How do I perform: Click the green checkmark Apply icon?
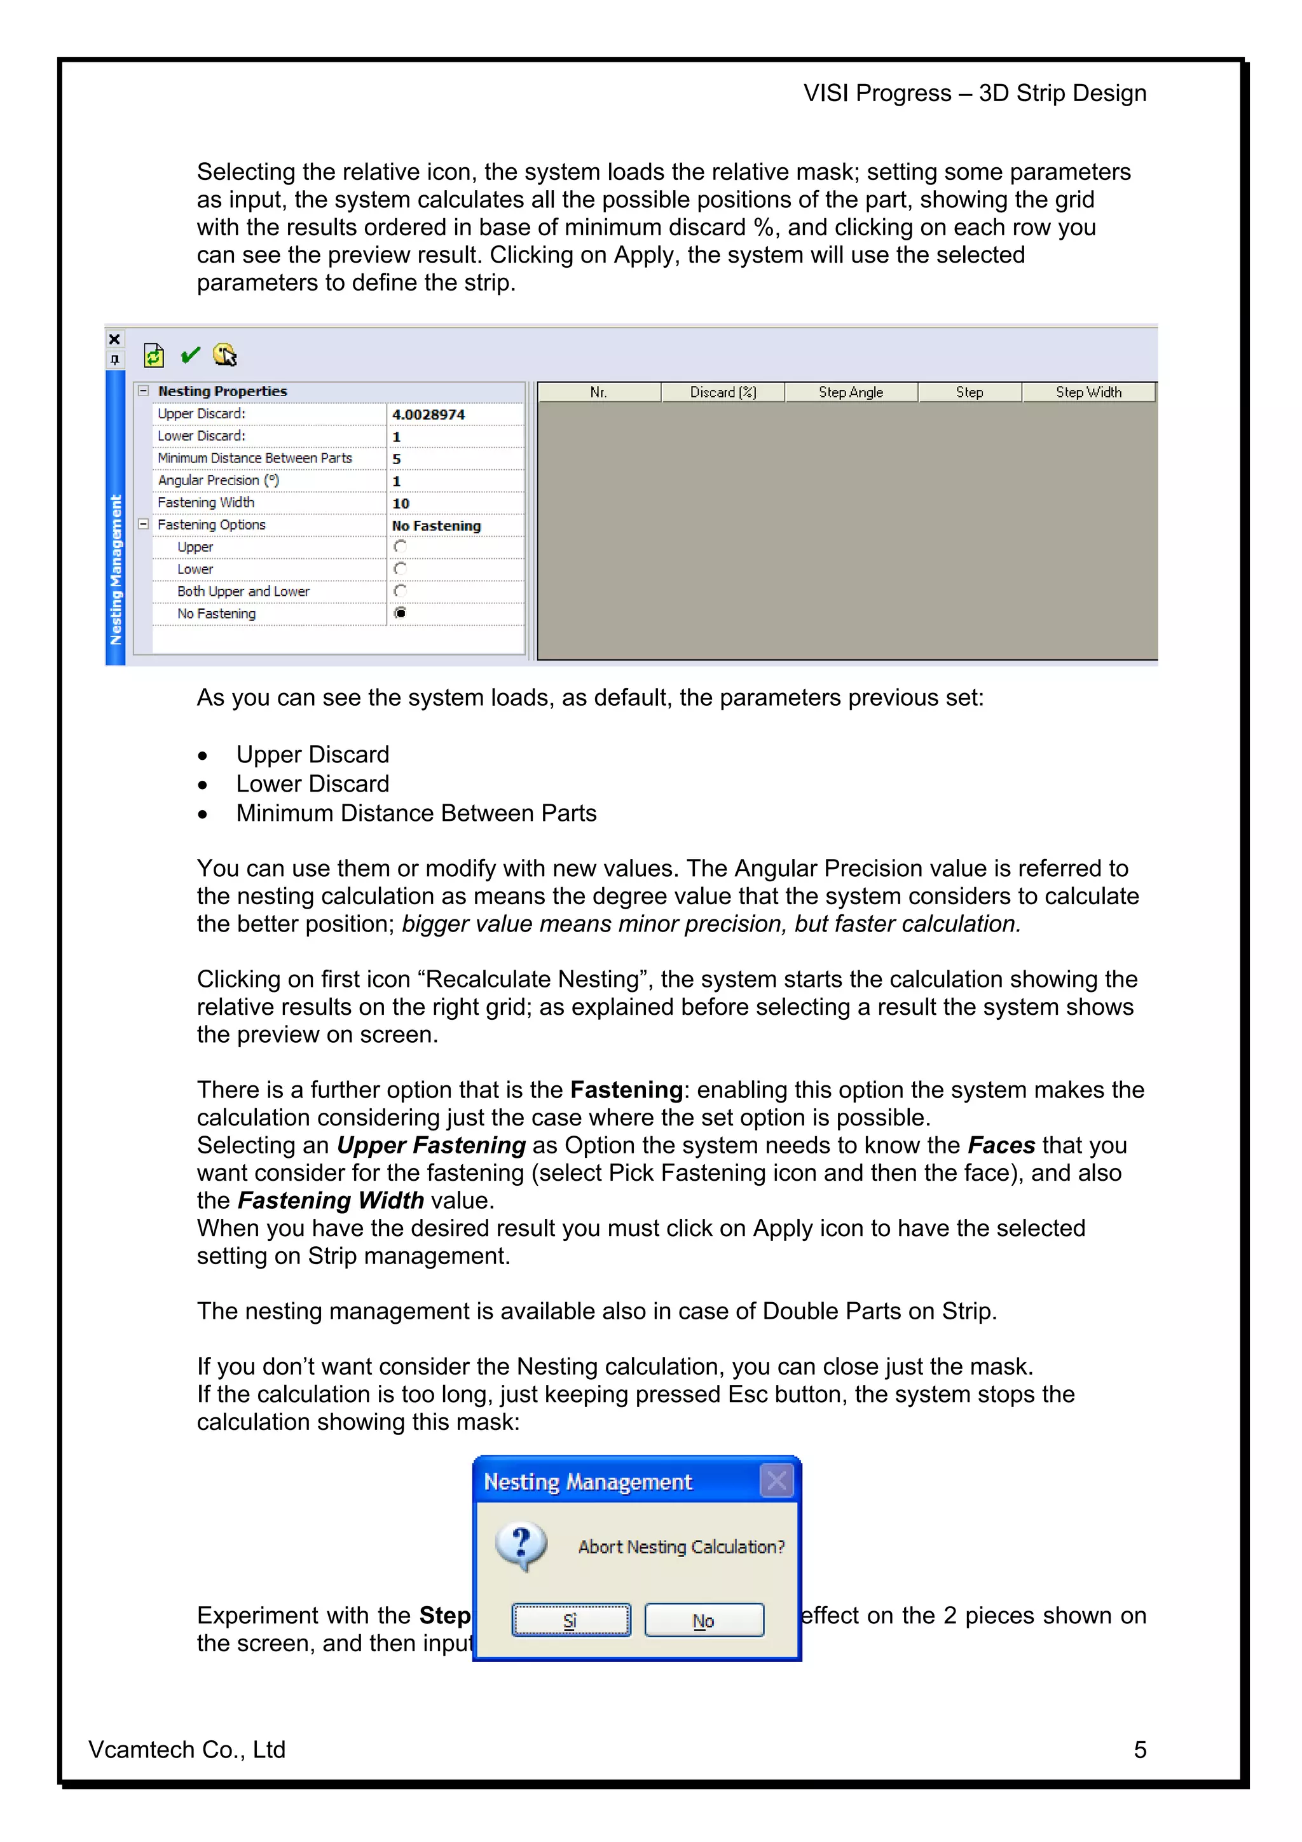pos(190,355)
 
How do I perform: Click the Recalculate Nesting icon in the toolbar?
pos(153,355)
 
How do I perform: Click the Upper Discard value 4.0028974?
pos(428,414)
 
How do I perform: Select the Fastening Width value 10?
pos(401,503)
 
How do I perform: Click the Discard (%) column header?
pos(723,392)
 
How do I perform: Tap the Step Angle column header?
pos(851,392)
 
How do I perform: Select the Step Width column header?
pos(1088,392)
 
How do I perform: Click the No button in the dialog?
pos(704,1621)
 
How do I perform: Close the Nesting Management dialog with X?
pos(776,1481)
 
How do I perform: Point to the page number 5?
pos(1139,1750)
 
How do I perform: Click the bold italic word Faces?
pos(1001,1145)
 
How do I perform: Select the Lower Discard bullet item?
pos(313,784)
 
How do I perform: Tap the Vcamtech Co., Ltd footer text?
pos(187,1750)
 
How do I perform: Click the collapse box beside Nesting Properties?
pos(144,390)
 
